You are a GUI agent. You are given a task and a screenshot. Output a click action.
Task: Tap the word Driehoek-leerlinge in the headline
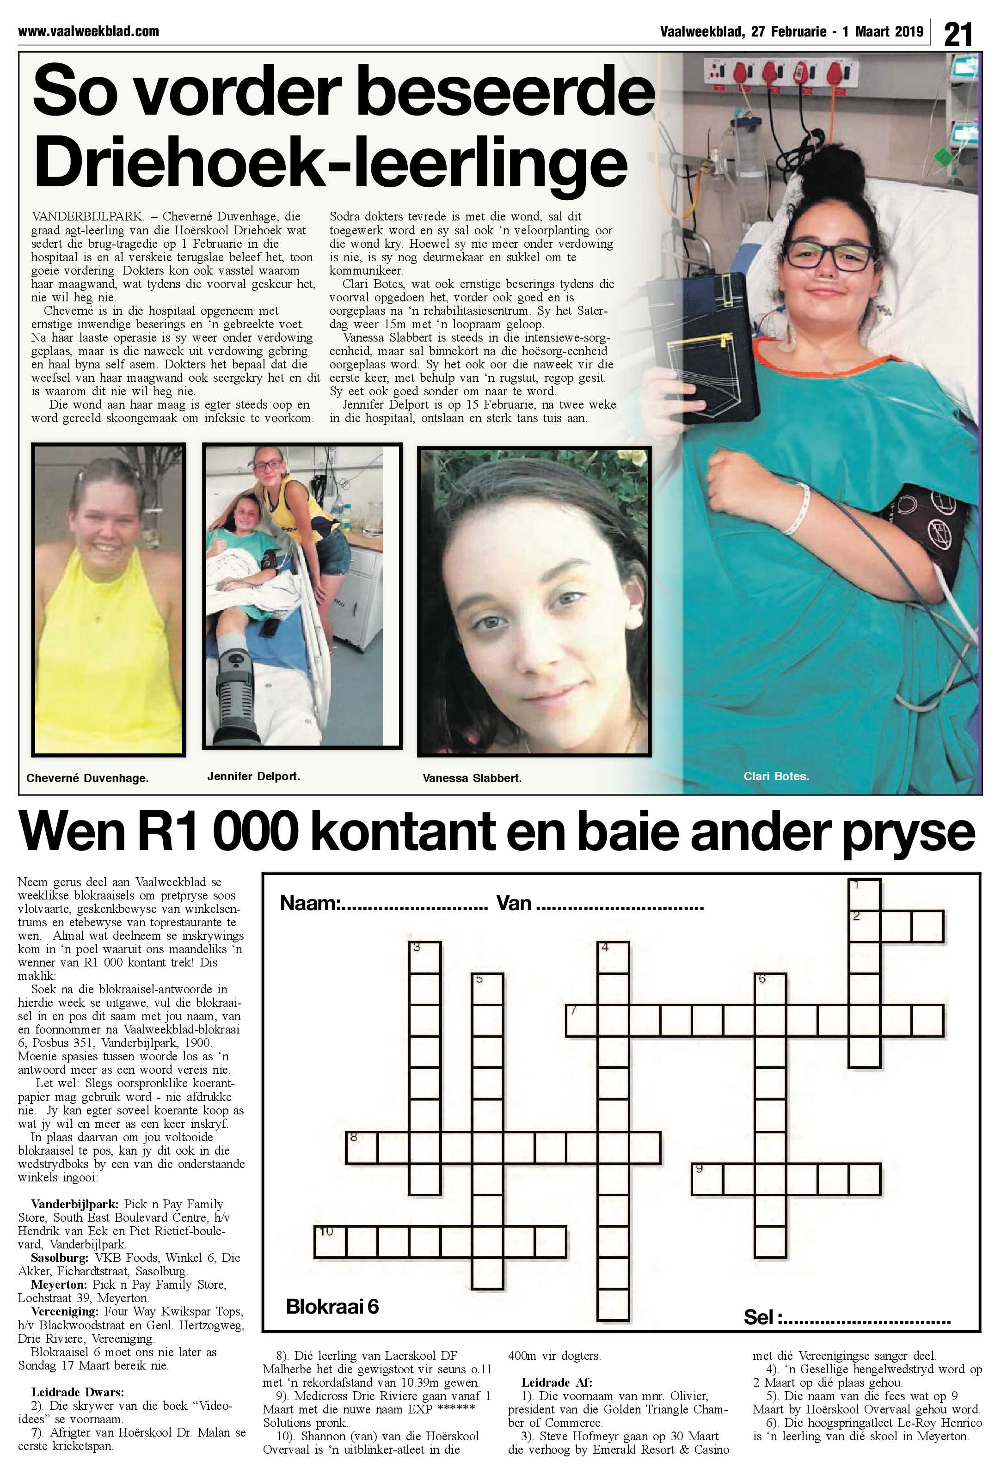330,162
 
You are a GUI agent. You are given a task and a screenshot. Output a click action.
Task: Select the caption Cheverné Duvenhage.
87,778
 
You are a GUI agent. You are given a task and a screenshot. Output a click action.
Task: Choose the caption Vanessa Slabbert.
472,778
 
